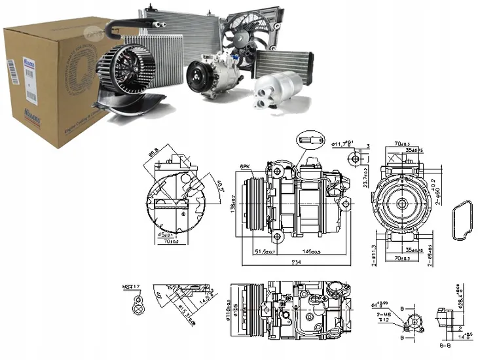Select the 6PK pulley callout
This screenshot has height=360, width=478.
point(246,168)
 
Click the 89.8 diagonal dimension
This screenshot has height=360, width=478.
point(155,154)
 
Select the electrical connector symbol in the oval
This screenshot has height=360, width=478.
point(311,139)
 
